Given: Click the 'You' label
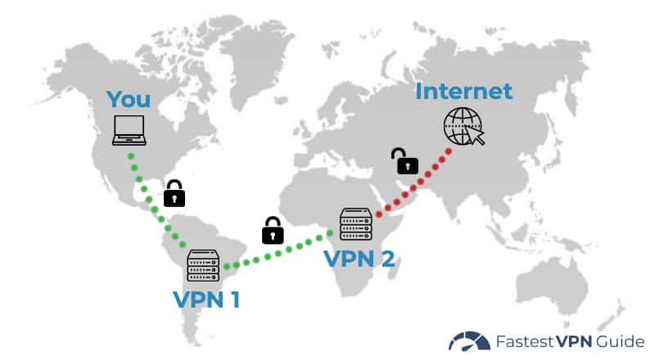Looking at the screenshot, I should point(129,100).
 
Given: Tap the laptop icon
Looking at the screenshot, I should point(129,130).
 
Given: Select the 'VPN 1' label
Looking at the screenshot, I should point(206,299).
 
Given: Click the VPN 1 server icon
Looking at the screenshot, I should point(204,264).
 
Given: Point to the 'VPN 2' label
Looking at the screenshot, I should point(359,259).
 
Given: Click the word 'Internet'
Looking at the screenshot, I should point(463,90).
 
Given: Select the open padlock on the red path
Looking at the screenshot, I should point(405,161).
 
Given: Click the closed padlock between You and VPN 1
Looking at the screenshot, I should point(174,194).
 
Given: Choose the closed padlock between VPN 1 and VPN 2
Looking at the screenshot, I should point(273,231).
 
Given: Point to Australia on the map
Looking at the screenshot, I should point(565,278).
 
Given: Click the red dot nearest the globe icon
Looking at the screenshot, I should point(449,151).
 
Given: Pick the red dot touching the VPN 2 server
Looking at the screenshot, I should point(378,215).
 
